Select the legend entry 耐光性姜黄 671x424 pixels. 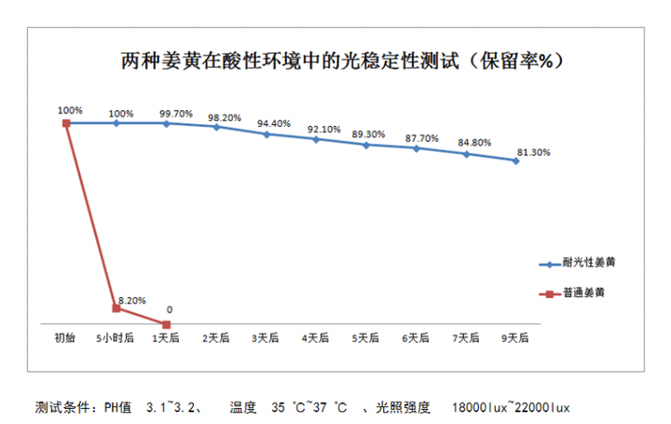(x=589, y=264)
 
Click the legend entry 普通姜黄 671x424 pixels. (x=583, y=293)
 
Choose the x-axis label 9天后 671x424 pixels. (x=515, y=336)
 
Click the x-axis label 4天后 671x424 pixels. (x=316, y=336)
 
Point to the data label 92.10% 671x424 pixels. (x=325, y=129)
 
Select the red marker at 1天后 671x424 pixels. (x=166, y=324)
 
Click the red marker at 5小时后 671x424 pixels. (x=116, y=308)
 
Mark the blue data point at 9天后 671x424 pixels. (x=515, y=160)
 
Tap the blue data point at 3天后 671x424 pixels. (x=266, y=134)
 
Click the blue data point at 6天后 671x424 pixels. (x=416, y=147)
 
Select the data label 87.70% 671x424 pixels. (x=423, y=138)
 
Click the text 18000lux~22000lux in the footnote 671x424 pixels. (x=510, y=407)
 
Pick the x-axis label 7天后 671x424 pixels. (x=466, y=336)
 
